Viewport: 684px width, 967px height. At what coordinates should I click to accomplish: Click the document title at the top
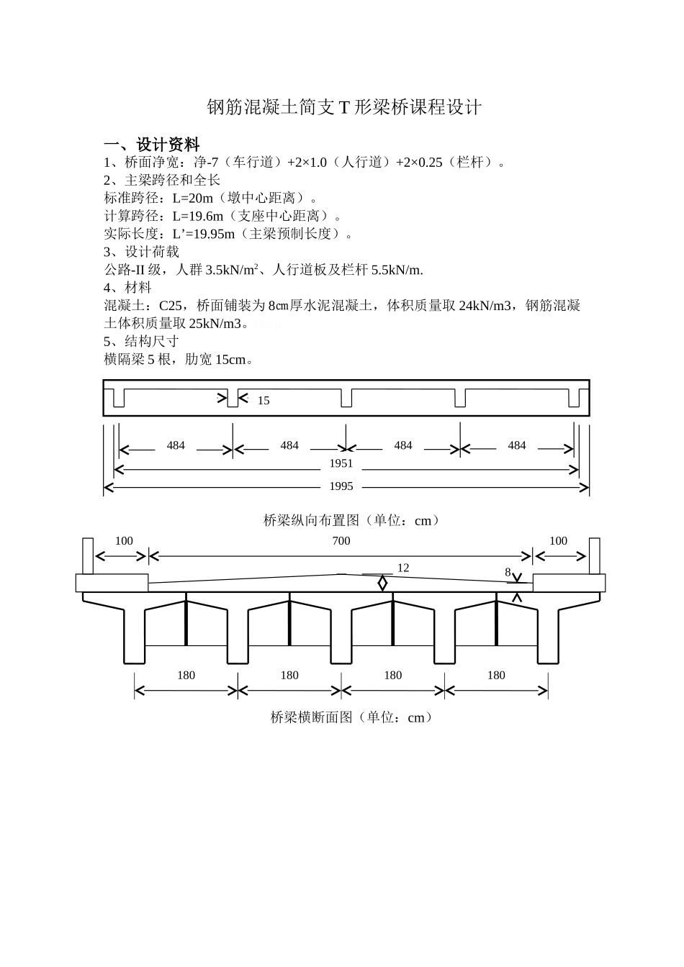[343, 108]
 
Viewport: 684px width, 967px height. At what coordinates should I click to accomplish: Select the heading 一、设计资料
[151, 145]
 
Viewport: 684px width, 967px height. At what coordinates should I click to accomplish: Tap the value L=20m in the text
[192, 198]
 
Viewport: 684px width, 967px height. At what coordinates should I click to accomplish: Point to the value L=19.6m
[197, 216]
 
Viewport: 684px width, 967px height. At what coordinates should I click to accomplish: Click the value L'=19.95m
[203, 234]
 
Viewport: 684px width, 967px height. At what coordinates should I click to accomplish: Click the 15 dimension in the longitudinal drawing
[264, 401]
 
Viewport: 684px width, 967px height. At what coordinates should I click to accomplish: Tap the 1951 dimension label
[341, 464]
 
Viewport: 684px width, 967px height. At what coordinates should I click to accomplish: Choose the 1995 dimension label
[341, 486]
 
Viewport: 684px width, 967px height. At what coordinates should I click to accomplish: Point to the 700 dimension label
[341, 541]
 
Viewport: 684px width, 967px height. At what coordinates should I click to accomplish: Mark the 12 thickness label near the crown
[403, 568]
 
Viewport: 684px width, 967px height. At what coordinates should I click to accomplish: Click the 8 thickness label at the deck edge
[508, 573]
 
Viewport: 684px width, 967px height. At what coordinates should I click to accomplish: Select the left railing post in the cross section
[88, 555]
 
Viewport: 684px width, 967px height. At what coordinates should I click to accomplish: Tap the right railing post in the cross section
[595, 555]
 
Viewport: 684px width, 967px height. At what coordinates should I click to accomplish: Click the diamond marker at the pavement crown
[382, 583]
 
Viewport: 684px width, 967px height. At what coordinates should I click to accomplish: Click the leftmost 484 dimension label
[176, 446]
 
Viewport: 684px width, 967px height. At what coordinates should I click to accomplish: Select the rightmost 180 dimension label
[496, 676]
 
